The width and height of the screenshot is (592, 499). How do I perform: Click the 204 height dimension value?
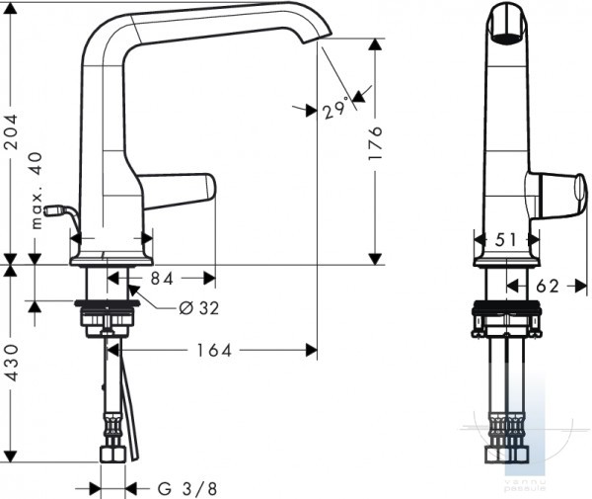pos(11,131)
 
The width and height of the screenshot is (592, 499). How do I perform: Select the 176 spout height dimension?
pos(375,143)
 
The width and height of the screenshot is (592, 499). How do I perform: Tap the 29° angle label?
pos(335,108)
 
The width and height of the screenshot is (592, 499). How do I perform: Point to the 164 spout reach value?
pos(214,351)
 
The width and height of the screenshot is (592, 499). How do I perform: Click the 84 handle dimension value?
pos(162,279)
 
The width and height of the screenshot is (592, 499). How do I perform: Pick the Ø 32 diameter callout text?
pos(199,308)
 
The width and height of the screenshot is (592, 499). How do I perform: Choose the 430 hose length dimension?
pos(11,363)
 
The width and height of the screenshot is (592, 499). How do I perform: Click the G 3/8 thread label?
pos(187,489)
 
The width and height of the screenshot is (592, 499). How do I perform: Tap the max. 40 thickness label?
pos(37,191)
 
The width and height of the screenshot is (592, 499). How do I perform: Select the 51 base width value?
pos(506,240)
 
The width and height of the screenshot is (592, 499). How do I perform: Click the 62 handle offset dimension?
pos(548,287)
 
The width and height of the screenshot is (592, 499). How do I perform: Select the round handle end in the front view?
pos(581,188)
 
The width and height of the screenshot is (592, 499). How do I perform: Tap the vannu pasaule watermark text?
pos(526,485)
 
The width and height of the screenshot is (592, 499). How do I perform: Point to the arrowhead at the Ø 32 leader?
pos(133,291)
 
